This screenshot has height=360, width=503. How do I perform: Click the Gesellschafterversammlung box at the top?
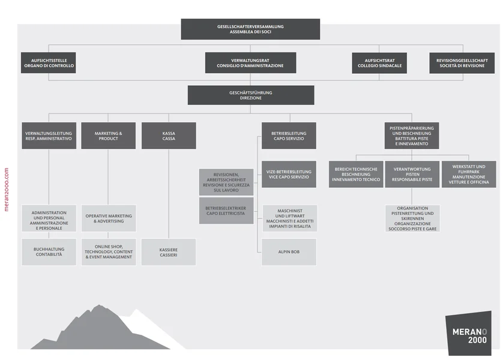pos(250,29)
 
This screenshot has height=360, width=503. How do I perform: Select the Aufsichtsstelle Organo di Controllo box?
pos(49,62)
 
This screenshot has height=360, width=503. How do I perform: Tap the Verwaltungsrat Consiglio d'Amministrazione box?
pos(250,62)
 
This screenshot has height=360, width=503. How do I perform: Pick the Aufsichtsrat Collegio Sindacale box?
pos(379,62)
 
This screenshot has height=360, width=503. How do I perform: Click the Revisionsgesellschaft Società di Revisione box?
pos(462,62)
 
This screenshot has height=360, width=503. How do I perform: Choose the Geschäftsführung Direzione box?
pos(250,95)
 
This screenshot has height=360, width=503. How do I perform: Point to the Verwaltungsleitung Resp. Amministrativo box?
pos(49,136)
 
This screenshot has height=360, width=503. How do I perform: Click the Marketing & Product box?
pos(109,136)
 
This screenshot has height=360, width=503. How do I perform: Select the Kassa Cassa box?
pos(169,136)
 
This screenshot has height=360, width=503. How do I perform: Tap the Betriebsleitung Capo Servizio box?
pos(289,136)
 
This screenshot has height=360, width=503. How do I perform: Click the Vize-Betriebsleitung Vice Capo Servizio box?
pos(289,174)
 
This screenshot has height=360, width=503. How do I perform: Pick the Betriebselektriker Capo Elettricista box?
pos(226,211)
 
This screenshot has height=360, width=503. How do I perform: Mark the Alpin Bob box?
pos(289,252)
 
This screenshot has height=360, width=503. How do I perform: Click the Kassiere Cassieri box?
pos(169,252)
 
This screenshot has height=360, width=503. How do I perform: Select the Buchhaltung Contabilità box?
pos(49,252)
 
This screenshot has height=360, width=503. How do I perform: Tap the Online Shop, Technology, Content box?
pos(109,252)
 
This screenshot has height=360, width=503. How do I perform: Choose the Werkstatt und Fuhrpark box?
pos(469,174)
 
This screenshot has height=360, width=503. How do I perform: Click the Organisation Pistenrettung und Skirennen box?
pos(412,219)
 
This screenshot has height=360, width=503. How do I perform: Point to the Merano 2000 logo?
pos(469,334)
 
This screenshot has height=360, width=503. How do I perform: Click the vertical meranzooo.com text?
pos(7,188)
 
